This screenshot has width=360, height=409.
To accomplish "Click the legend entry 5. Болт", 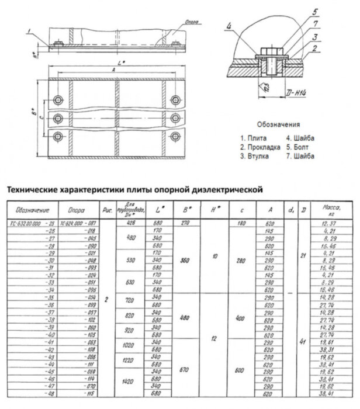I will (301, 147).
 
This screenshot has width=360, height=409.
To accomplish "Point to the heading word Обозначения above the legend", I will (278, 124).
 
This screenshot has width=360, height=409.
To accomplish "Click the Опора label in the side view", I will (182, 21).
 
